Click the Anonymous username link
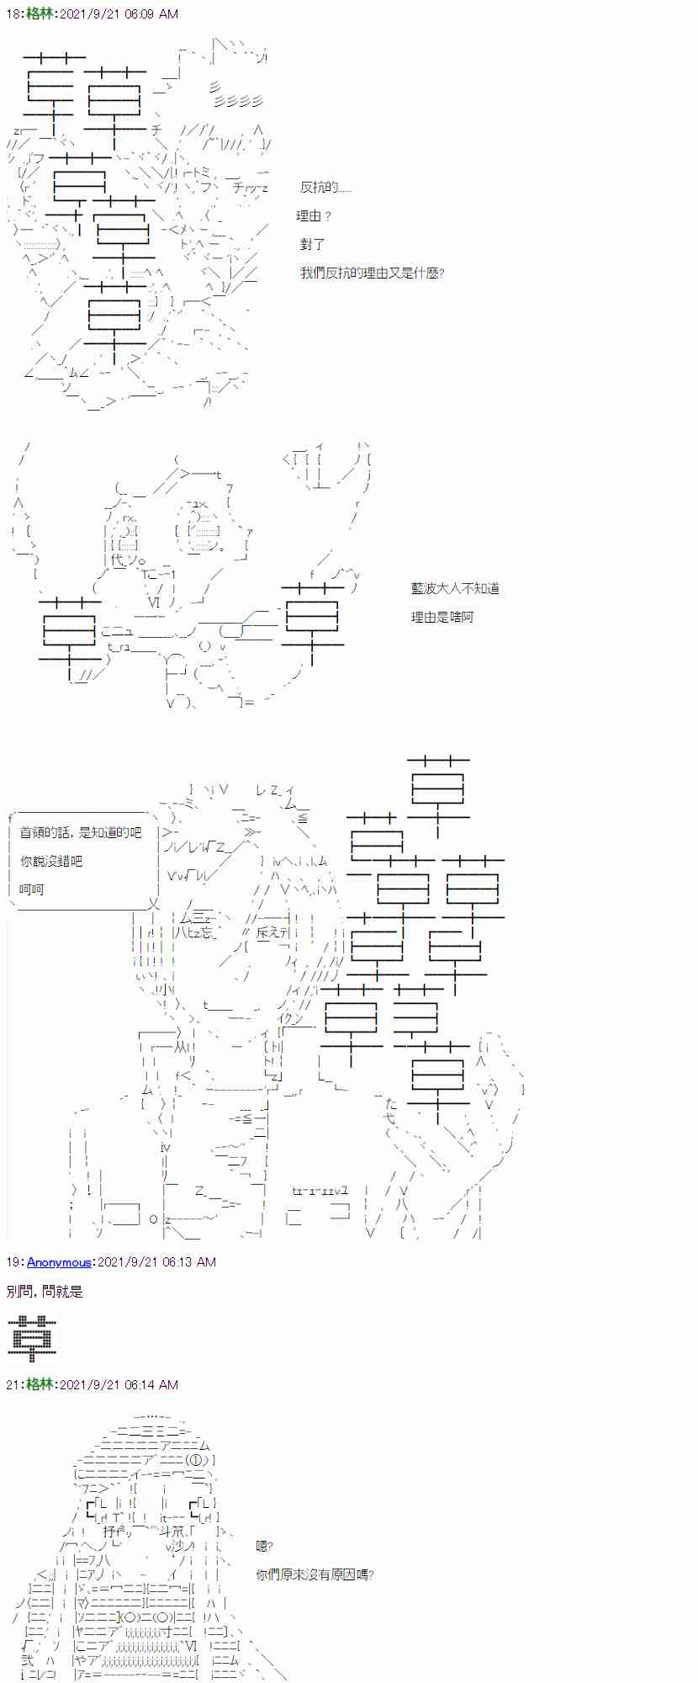pos(59,1262)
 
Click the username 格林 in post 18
pos(39,14)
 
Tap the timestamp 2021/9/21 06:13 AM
pos(156,1262)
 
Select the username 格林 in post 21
pos(39,1384)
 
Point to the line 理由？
pos(314,216)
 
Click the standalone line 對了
pos(312,244)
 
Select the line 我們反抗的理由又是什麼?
pos(372,273)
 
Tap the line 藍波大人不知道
pos(455,588)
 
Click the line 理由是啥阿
pos(442,617)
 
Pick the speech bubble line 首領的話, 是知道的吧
pos(81,832)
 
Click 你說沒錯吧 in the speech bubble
pos(51,861)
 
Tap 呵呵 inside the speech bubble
pos(32,889)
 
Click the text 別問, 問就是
pos(45,1292)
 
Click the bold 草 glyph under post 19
pos(32,1338)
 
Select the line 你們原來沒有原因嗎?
pos(315,1574)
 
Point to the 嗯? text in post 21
pos(264,1546)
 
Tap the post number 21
pos(13,1384)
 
